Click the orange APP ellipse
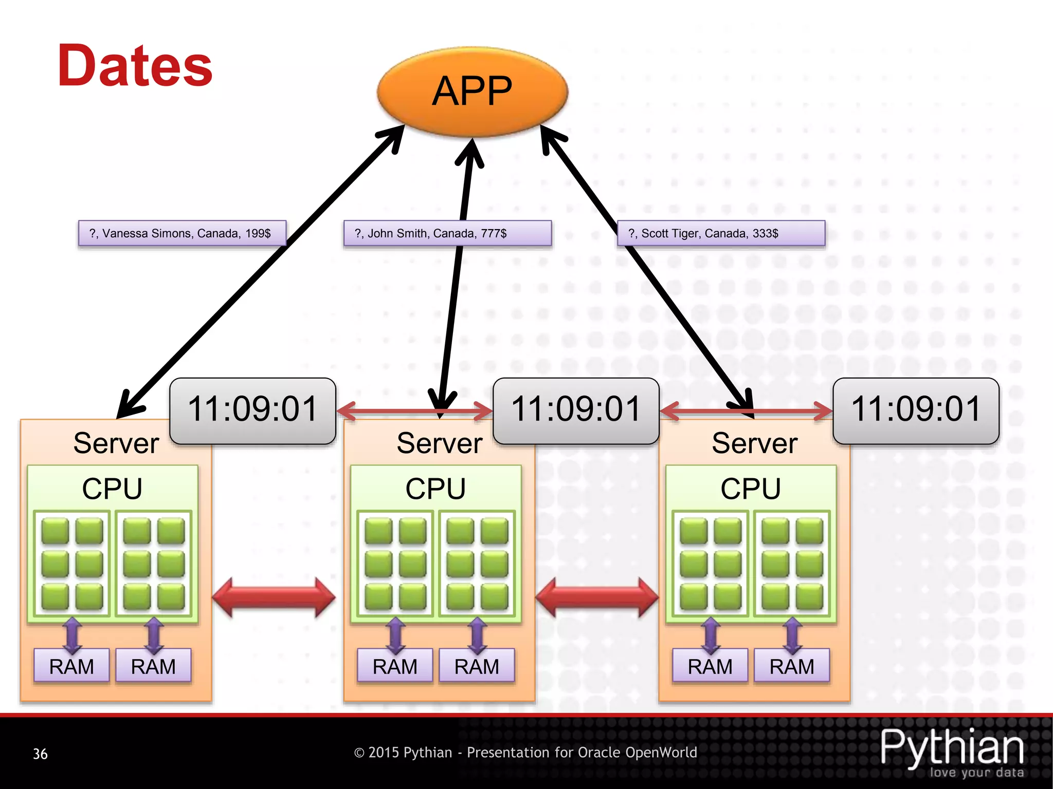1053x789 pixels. (x=472, y=91)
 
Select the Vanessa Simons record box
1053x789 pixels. (x=181, y=233)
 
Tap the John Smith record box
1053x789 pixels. (x=447, y=233)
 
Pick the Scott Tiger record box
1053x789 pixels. (x=721, y=233)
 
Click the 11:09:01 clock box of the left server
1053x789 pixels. (x=252, y=410)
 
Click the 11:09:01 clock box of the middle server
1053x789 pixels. (x=576, y=410)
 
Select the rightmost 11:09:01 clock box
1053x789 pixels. (x=916, y=410)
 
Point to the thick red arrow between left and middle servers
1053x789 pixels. (x=274, y=597)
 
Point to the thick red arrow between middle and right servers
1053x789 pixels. (x=597, y=597)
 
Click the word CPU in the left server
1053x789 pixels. (x=112, y=489)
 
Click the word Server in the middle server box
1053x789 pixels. (x=439, y=443)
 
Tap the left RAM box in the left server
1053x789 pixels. (x=71, y=666)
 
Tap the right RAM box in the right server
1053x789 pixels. (x=792, y=666)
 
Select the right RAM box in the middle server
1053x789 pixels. (x=477, y=666)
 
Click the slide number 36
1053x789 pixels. (x=40, y=754)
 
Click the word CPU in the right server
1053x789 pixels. (x=751, y=489)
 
